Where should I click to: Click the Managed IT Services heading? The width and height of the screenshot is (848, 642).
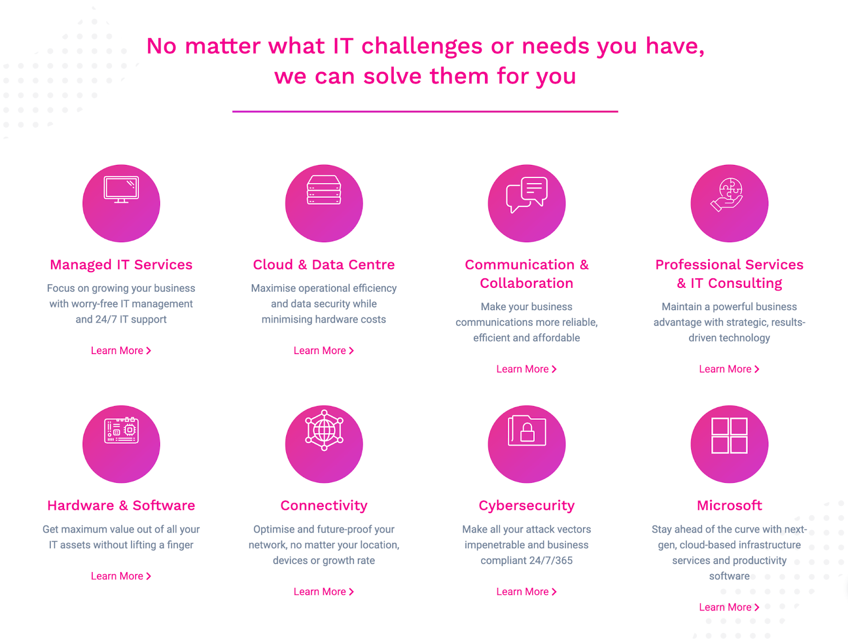[x=121, y=265]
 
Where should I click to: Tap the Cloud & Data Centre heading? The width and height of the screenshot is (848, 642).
[x=324, y=265]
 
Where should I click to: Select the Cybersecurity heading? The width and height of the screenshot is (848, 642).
[x=527, y=506]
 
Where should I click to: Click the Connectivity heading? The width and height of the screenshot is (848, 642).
[x=324, y=506]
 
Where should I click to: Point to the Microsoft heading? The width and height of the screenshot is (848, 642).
[x=729, y=505]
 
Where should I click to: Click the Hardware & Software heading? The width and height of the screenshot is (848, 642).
[x=121, y=505]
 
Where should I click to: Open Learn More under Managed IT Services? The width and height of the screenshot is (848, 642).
[x=121, y=350]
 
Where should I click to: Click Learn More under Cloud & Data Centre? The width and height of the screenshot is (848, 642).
[x=324, y=350]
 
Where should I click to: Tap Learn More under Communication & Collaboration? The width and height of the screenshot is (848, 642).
[x=527, y=369]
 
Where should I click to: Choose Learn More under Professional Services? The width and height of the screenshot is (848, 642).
[x=729, y=369]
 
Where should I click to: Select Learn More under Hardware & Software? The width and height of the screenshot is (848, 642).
[x=121, y=576]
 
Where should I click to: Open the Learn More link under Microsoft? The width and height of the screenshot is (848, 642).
[x=729, y=607]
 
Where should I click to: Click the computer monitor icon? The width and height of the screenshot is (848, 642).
[x=121, y=190]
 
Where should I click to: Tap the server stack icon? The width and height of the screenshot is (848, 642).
[x=324, y=190]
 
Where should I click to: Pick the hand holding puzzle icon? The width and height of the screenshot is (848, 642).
[x=727, y=195]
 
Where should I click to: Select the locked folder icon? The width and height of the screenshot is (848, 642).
[x=527, y=430]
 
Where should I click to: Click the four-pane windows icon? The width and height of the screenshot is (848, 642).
[x=729, y=435]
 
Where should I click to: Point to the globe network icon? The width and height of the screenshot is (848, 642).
[x=324, y=430]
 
